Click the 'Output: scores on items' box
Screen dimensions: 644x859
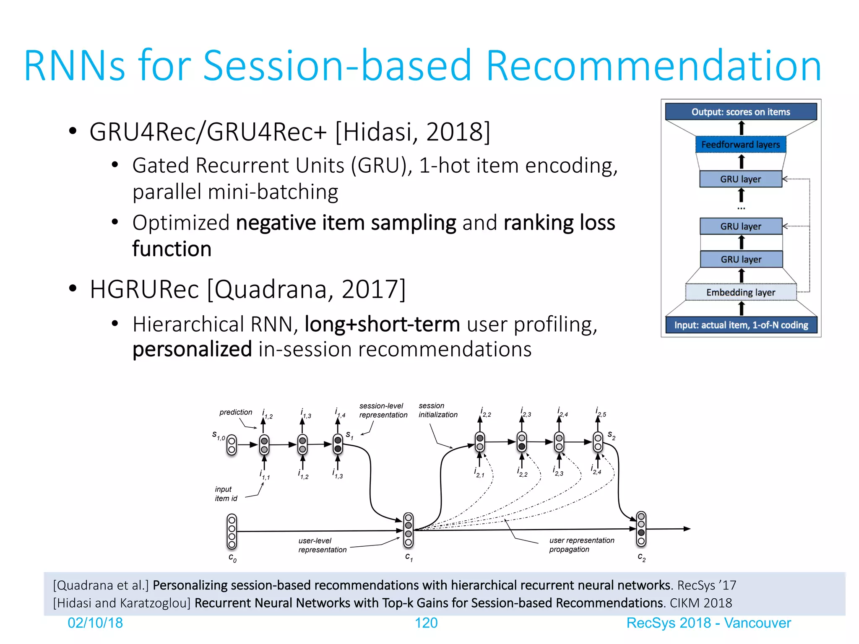pos(741,112)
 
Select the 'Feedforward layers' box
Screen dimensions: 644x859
pos(741,145)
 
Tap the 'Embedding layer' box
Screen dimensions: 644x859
pos(741,292)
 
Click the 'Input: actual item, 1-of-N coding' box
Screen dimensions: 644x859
pos(741,325)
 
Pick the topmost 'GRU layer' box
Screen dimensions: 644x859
pos(741,179)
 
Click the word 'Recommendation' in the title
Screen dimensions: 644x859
pos(653,66)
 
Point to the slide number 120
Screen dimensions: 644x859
pos(426,623)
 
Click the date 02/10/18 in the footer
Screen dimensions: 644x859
pos(95,623)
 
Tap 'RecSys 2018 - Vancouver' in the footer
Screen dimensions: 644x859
pos(708,623)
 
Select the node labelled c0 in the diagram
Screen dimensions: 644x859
pos(232,532)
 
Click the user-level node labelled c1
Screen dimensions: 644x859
pos(408,530)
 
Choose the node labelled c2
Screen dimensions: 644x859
pos(641,529)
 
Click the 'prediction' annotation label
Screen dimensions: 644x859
pos(236,412)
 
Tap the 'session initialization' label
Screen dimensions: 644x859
pos(438,410)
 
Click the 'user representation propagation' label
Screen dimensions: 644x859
pos(581,545)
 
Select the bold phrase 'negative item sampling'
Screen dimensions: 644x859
pos(346,223)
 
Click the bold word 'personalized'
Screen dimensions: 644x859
pos(192,349)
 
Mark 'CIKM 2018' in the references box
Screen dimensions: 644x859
pos(700,603)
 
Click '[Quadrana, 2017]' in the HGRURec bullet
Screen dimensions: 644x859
pos(307,289)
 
